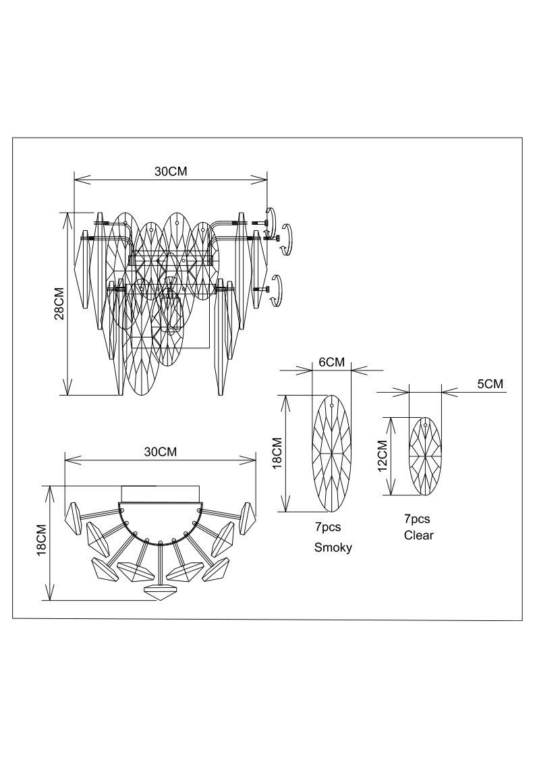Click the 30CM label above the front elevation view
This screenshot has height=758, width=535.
[x=171, y=171]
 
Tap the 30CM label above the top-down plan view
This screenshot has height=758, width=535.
[x=161, y=452]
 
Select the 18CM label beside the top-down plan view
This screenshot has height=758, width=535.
[x=42, y=539]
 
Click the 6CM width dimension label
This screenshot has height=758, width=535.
[x=331, y=362]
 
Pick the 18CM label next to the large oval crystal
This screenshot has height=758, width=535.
[x=277, y=453]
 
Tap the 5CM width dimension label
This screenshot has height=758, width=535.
[x=490, y=384]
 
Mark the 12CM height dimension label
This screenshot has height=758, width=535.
[x=382, y=456]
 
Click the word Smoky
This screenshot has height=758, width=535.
[x=333, y=547]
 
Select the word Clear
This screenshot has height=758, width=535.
[x=419, y=535]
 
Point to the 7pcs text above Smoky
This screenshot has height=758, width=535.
[x=328, y=526]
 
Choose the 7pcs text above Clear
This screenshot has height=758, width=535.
[x=416, y=519]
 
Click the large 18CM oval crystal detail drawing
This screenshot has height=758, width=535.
[x=332, y=454]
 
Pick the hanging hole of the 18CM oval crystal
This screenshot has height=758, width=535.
[x=333, y=405]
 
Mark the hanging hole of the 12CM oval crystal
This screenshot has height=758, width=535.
[x=425, y=425]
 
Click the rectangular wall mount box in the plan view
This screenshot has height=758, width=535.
[x=160, y=494]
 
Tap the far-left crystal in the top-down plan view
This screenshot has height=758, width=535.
[x=74, y=518]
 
